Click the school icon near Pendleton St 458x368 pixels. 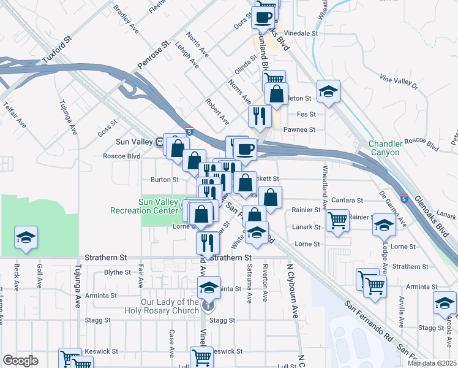click(x=329, y=91)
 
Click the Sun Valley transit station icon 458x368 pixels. click(x=160, y=142)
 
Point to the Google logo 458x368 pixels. click(x=20, y=361)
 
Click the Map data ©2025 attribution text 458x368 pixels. click(x=431, y=363)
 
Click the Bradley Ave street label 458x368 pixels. click(x=126, y=19)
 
